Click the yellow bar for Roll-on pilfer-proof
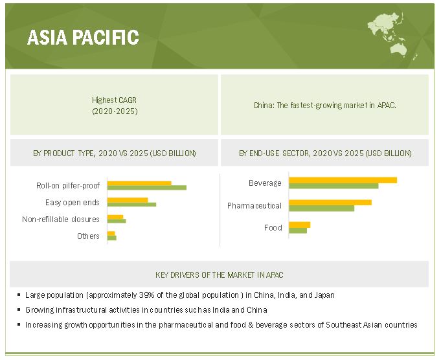[139, 183]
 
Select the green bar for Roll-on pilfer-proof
[147, 188]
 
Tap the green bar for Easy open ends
[131, 205]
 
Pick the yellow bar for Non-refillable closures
[115, 217]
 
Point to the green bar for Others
[111, 238]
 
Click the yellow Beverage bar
[343, 180]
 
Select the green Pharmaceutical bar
[321, 208]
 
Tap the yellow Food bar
[300, 225]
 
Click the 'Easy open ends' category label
[73, 203]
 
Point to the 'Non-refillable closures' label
[61, 219]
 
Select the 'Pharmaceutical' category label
[254, 206]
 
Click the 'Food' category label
[273, 227]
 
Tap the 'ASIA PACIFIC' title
[83, 37]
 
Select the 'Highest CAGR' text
[114, 100]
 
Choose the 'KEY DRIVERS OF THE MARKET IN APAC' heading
[220, 275]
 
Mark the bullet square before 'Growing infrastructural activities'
[19, 309]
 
